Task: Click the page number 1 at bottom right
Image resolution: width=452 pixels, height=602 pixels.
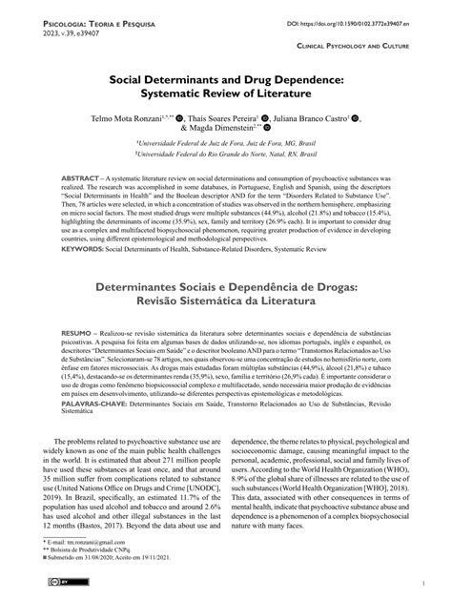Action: (421, 581)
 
